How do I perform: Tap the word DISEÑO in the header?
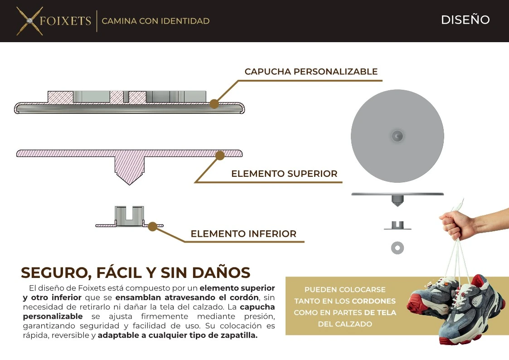pos(465,20)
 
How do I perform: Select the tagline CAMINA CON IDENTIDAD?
pos(155,21)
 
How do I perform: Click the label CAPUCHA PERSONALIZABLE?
pos(311,72)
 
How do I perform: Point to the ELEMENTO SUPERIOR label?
pos(284,174)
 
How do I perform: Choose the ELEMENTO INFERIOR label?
pos(243,234)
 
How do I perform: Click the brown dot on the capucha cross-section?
pos(214,104)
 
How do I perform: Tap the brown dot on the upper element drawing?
pos(220,156)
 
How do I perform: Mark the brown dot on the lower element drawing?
pos(152,226)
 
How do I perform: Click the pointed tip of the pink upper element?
pos(130,182)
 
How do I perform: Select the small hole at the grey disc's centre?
pos(398,136)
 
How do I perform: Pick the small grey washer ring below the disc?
pos(398,248)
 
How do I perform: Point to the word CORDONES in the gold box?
pos(374,301)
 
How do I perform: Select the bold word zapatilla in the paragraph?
pos(237,336)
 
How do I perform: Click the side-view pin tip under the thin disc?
pos(398,203)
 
